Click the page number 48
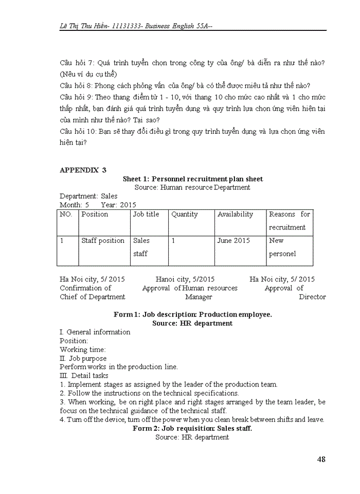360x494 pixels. (x=321, y=460)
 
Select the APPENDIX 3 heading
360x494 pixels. (x=83, y=170)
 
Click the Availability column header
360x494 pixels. (x=235, y=214)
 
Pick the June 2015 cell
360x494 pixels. (x=233, y=240)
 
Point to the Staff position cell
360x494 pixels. (x=103, y=240)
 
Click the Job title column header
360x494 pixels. (x=146, y=214)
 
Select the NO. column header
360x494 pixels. (x=66, y=214)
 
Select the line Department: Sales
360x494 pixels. (x=88, y=196)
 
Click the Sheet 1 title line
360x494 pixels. (x=192, y=179)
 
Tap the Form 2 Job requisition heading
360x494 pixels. (x=192, y=428)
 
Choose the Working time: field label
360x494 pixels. (x=82, y=349)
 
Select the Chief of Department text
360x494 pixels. (x=92, y=297)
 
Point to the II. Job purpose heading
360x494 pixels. (x=83, y=358)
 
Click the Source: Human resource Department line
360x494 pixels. (x=192, y=187)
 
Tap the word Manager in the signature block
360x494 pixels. (x=199, y=297)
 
